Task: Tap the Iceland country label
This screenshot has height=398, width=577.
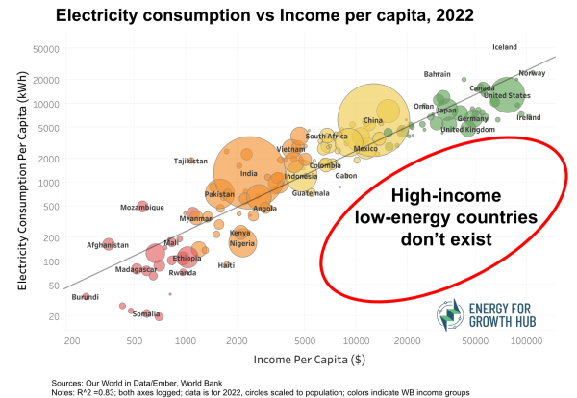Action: (x=505, y=47)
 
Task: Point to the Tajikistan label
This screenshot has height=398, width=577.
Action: (x=190, y=161)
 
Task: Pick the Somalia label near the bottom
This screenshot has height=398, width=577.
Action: (x=146, y=313)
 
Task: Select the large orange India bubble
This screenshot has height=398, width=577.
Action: (x=247, y=173)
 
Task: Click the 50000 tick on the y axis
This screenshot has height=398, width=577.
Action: (x=45, y=48)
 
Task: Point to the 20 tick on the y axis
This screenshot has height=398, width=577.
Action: (x=52, y=315)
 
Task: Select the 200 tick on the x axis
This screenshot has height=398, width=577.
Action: (x=71, y=340)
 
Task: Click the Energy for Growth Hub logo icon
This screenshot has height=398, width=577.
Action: (x=447, y=314)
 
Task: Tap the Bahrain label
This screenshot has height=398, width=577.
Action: (x=438, y=74)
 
